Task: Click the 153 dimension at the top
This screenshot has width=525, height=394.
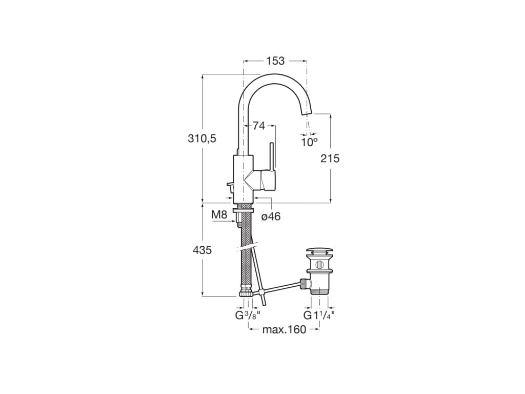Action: [x=275, y=61]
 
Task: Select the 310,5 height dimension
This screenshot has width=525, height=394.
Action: [x=202, y=138]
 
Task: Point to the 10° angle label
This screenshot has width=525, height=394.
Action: [x=309, y=142]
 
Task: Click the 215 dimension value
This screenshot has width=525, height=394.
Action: [x=330, y=159]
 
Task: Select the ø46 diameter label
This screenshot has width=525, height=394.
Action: [x=271, y=216]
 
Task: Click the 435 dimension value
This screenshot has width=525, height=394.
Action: [x=202, y=250]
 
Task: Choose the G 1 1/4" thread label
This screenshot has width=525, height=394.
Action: [x=319, y=315]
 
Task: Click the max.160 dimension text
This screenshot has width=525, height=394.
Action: [x=284, y=329]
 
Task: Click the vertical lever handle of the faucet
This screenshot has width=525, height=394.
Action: [x=273, y=156]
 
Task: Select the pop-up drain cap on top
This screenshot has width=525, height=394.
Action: [x=319, y=252]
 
